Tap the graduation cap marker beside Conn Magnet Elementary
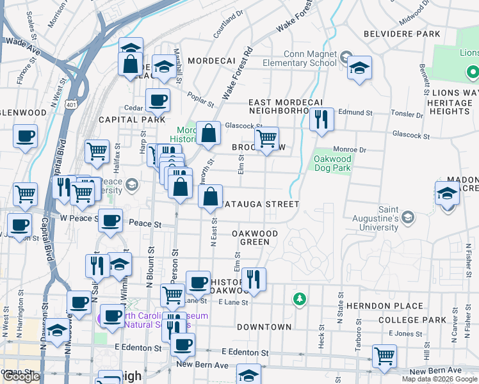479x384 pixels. tap(360, 68)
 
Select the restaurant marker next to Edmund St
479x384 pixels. tap(321, 120)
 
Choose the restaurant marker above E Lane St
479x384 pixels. tap(254, 280)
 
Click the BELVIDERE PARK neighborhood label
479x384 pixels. tap(402, 33)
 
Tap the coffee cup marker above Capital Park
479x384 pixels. tap(158, 100)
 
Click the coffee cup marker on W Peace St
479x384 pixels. tap(111, 221)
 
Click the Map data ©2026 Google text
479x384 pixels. tap(439, 379)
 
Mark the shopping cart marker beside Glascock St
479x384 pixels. tap(266, 138)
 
